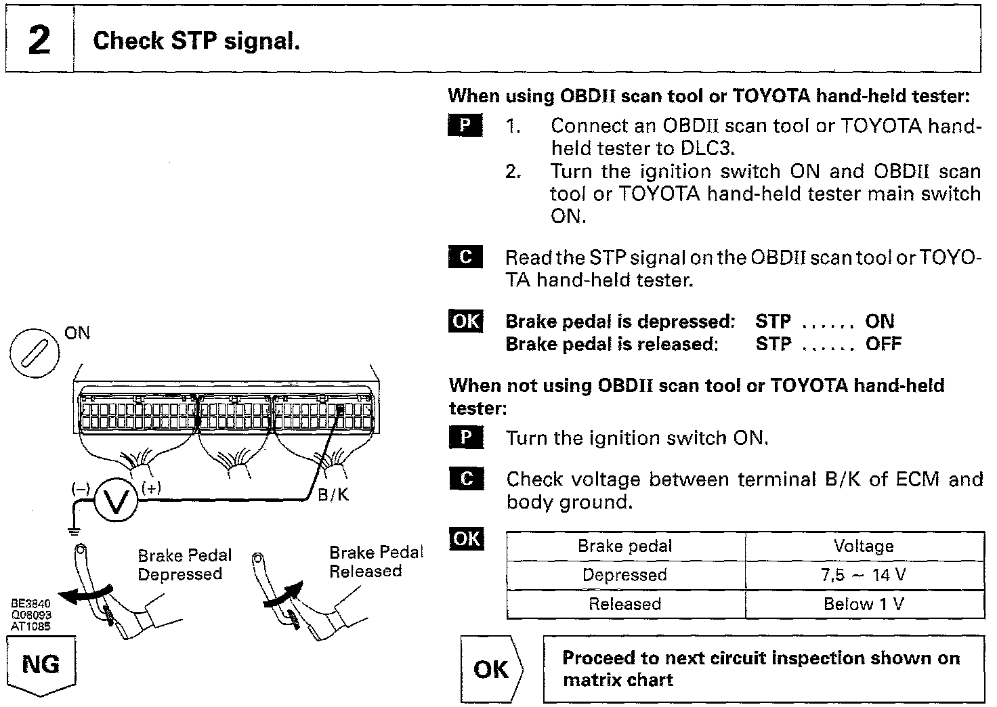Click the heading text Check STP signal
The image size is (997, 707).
coord(196,41)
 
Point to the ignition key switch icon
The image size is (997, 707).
coord(32,353)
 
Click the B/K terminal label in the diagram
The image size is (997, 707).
coord(333,495)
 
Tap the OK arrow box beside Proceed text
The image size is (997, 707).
coord(491,669)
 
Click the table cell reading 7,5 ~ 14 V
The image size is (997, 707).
coord(864,576)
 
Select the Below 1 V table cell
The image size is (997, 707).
coord(864,604)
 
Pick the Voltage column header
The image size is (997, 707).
coord(864,547)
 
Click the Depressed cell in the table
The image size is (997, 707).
coord(624,576)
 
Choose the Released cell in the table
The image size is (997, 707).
coord(624,604)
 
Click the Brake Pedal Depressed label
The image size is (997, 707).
coord(184,565)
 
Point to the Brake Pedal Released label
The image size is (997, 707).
coord(375,562)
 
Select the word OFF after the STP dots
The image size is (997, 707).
coord(883,344)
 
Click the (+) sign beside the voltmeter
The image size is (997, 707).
coord(151,488)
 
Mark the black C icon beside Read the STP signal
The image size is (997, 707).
coord(465,257)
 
